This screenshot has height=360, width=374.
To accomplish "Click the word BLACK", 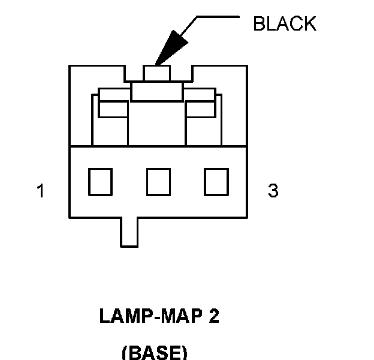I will (284, 24).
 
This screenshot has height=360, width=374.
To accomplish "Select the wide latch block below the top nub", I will (156, 92).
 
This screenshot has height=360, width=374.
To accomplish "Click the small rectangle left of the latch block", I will (113, 109).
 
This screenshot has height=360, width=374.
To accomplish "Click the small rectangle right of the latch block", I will (201, 109).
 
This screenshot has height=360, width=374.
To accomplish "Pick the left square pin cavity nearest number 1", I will (100, 181).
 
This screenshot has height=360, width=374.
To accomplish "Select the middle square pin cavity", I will (158, 181).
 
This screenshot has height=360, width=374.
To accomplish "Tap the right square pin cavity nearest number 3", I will (216, 181).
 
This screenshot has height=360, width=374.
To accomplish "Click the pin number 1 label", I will (41, 191).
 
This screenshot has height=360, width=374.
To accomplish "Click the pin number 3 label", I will (273, 191).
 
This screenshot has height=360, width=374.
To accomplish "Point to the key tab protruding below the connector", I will (129, 232).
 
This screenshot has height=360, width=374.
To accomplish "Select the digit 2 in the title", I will (214, 316).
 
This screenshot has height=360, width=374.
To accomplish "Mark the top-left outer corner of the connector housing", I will (70, 65).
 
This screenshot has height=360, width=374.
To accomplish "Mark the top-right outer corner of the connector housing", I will (247, 65).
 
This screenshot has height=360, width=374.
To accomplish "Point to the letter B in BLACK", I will (258, 24).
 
